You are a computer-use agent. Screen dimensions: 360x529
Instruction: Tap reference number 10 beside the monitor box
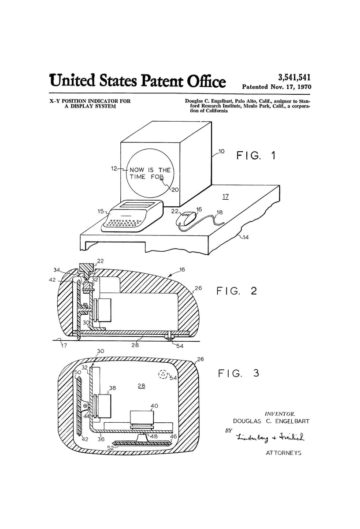[x=220, y=153]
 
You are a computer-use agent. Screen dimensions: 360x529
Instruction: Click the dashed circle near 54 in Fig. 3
[x=163, y=375]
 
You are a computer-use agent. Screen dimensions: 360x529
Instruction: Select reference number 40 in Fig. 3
[x=154, y=406]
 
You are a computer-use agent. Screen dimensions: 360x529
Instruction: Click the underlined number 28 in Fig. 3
[x=141, y=386]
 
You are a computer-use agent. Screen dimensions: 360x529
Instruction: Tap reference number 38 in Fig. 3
[x=113, y=388]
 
